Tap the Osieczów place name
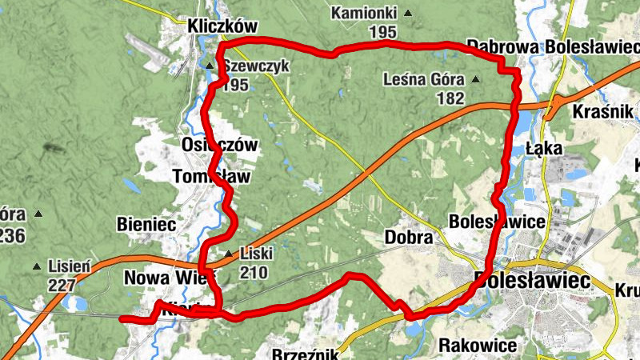219,146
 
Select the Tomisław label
211,176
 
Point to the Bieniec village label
146,224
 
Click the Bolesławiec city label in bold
531,281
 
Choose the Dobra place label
409,238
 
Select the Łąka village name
546,148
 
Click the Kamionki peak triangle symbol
409,14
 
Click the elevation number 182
451,98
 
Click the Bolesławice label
498,220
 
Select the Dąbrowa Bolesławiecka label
553,46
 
